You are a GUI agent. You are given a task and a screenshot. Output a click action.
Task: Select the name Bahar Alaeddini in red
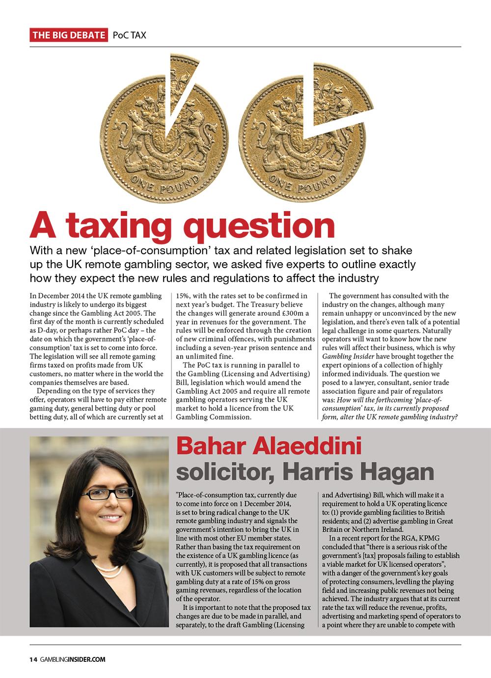coord(269,447)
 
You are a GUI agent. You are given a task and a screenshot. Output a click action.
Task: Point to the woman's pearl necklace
coord(109,570)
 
